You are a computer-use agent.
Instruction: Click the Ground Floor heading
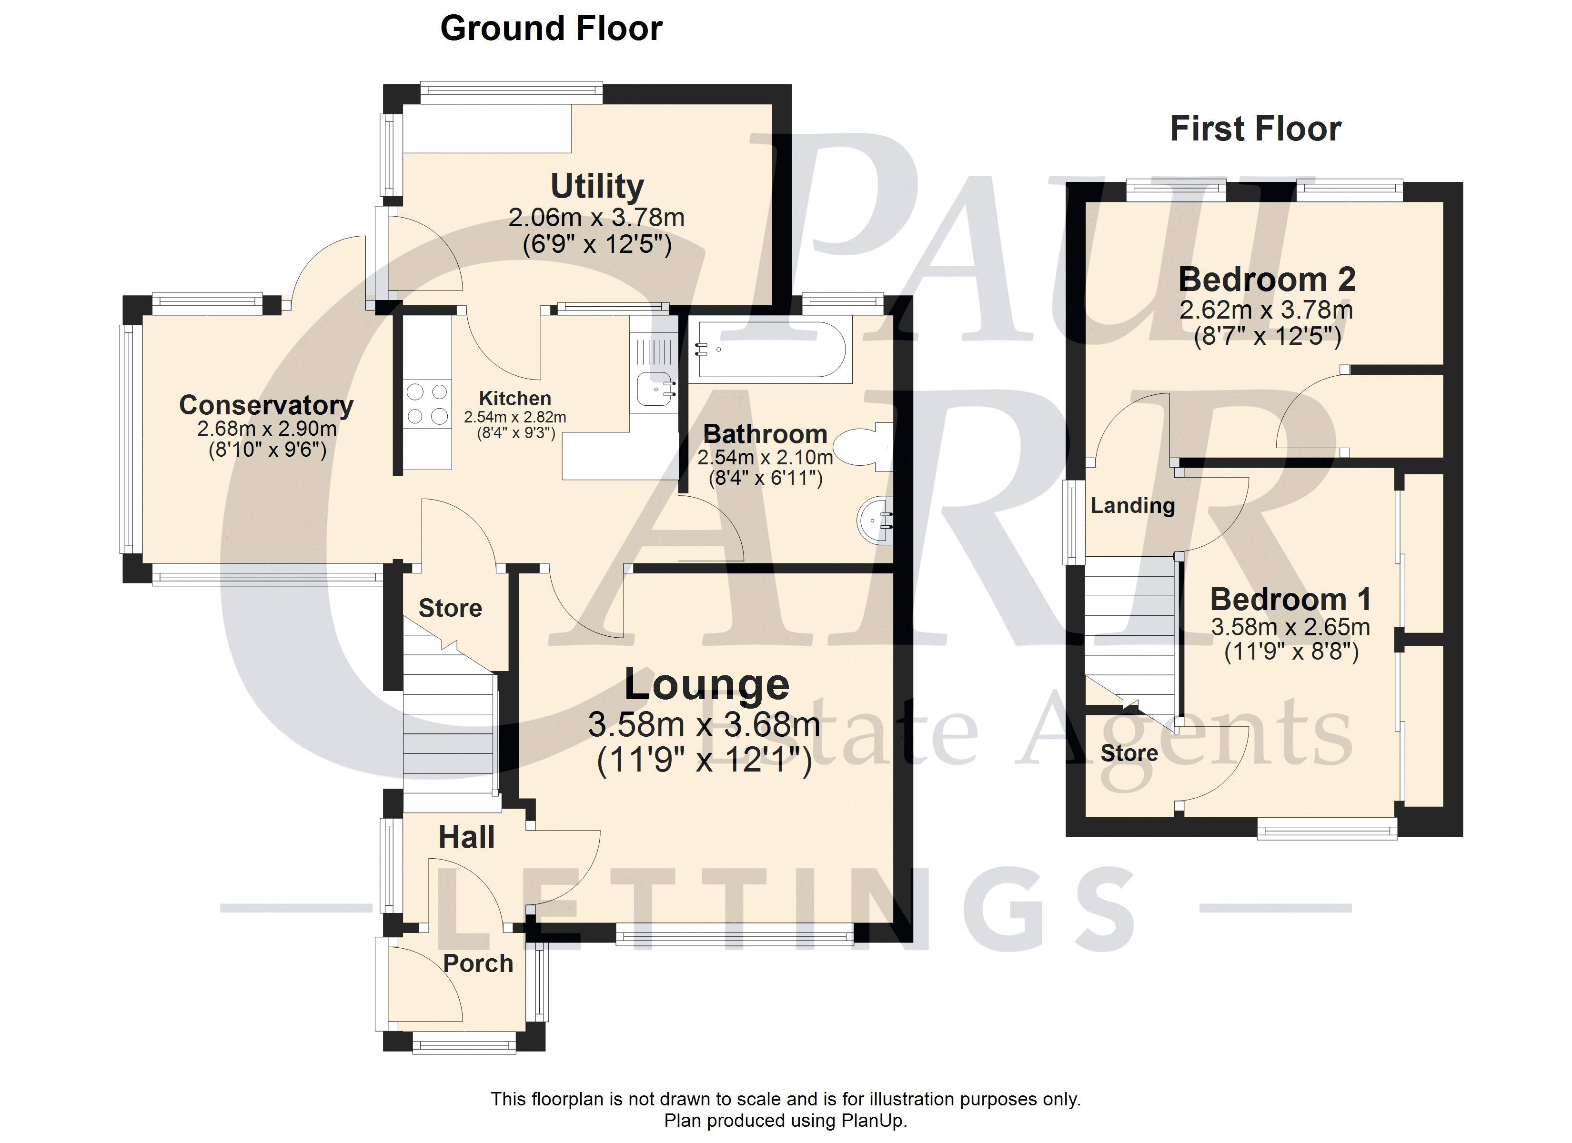point(551,29)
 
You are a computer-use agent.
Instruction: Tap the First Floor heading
point(1255,129)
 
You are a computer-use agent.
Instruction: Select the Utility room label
point(597,186)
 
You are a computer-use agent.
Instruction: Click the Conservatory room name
point(266,405)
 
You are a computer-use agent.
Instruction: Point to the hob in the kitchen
point(427,404)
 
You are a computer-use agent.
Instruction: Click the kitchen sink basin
point(655,388)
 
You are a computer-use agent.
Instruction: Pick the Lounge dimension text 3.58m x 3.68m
point(704,725)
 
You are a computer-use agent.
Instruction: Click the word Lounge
point(706,685)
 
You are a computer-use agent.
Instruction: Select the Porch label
point(478,963)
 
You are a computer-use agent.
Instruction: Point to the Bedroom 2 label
point(1267,280)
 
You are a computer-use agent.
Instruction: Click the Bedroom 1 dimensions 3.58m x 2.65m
point(1290,627)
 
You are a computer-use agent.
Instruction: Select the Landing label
point(1133,505)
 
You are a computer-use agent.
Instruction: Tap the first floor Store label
point(1129,753)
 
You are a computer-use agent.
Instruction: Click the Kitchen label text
point(515,399)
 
